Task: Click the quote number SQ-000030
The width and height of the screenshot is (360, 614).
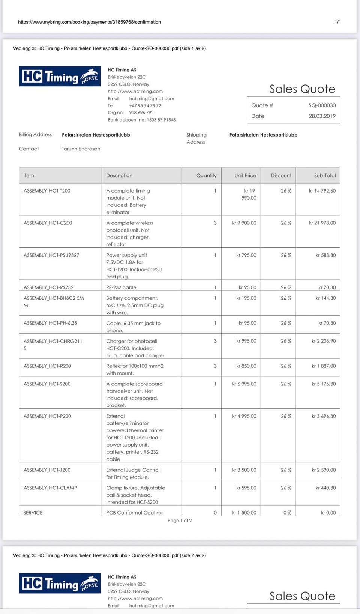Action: click(322, 105)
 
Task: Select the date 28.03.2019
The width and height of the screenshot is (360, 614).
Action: click(322, 116)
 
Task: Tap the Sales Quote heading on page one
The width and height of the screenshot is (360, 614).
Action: click(302, 89)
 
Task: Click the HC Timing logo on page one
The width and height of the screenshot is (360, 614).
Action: click(60, 76)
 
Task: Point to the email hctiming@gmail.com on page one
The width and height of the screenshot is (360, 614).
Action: click(151, 99)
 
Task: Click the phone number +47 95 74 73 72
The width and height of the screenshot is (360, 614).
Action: click(145, 106)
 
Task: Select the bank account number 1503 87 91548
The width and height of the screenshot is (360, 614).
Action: click(161, 120)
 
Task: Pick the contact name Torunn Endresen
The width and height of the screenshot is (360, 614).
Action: click(81, 149)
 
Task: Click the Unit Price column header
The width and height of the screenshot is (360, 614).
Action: click(245, 175)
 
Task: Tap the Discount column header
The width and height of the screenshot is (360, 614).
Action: click(281, 175)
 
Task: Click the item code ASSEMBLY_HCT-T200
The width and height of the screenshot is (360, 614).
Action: click(47, 191)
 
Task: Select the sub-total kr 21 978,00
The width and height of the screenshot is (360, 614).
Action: click(322, 223)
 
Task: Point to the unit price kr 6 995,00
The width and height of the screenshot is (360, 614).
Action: click(244, 384)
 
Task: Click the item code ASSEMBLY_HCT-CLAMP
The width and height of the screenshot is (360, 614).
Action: click(50, 488)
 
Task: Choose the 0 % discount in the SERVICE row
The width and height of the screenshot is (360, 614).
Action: click(287, 513)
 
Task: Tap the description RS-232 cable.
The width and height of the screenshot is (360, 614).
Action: click(122, 287)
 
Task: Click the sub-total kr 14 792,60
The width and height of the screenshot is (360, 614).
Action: click(322, 191)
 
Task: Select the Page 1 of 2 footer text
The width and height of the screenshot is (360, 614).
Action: click(180, 521)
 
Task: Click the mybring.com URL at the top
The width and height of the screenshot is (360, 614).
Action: click(89, 22)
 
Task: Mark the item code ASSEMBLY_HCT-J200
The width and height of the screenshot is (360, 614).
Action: click(47, 470)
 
